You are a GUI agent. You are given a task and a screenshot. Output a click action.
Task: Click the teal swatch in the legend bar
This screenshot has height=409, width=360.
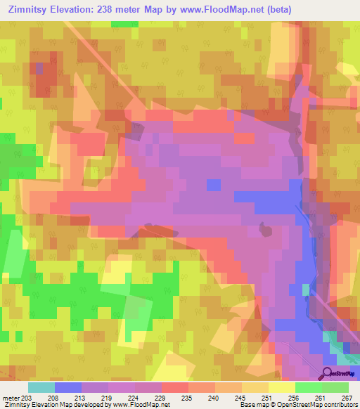point(41,387)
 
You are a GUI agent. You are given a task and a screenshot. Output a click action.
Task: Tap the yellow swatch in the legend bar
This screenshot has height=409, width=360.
point(281,387)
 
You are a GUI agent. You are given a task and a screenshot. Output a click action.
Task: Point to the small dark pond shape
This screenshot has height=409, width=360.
point(265,229)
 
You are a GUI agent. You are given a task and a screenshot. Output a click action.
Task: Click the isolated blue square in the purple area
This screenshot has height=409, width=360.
point(213,184)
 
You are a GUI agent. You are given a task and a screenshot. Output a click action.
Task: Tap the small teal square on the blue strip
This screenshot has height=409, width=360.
point(305,289)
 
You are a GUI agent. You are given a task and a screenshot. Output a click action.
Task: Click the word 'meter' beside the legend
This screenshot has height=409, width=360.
point(9,397)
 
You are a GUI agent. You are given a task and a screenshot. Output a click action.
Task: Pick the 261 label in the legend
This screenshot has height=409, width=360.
point(320,397)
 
